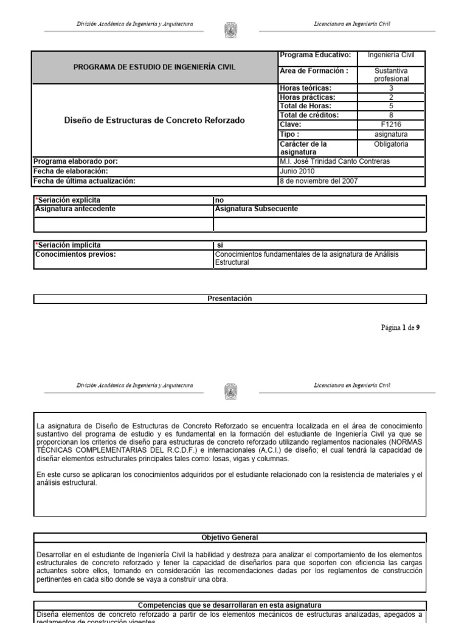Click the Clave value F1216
[391, 125]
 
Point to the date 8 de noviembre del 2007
[318, 181]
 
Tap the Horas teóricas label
[305, 88]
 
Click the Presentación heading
[230, 299]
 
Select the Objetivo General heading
[230, 538]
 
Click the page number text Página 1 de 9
[400, 327]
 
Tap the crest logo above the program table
[231, 30]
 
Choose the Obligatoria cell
[391, 145]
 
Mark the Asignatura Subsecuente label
[256, 209]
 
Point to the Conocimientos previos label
[75, 254]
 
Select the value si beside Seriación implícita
[220, 245]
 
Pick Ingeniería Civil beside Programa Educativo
[391, 55]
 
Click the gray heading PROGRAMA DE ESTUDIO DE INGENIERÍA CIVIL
[154, 67]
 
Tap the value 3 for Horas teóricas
[391, 88]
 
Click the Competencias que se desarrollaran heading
[230, 605]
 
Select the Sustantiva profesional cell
[391, 75]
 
